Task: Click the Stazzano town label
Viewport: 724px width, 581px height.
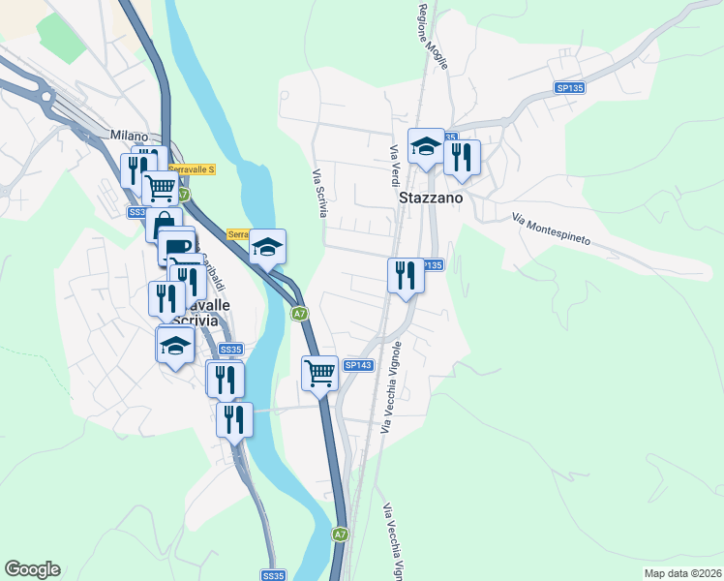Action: tap(431, 197)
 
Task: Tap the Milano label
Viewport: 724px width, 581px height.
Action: tap(129, 136)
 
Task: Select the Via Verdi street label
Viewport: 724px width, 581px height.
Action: tap(395, 166)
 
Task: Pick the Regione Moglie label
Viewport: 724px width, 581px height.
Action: tap(422, 33)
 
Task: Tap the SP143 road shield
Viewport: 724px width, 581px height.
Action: tap(358, 365)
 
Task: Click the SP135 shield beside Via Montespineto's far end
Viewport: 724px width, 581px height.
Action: tap(570, 88)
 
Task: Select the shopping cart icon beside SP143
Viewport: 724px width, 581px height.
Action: tap(319, 371)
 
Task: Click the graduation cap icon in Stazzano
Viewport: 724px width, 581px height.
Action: tap(426, 147)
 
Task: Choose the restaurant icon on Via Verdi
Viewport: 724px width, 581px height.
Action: tap(406, 275)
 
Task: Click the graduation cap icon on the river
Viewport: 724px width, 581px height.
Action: tap(267, 247)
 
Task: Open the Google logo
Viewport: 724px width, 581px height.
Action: tap(32, 569)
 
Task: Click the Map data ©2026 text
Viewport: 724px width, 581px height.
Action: tap(683, 572)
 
